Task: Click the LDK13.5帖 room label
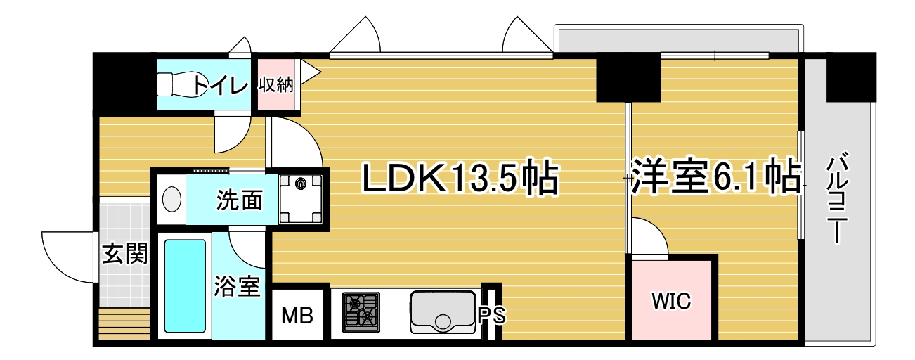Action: tap(460, 178)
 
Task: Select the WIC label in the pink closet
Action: tap(671, 301)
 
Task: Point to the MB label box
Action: tap(297, 315)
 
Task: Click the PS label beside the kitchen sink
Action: tap(492, 316)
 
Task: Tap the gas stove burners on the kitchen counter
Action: tap(361, 312)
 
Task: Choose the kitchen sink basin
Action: tap(443, 312)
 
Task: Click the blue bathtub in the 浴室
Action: tap(185, 286)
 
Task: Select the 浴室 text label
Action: tap(238, 286)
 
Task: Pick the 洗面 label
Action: tap(240, 200)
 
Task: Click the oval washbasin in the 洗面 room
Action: tap(171, 200)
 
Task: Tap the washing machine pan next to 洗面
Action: tap(301, 199)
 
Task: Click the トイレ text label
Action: tap(220, 85)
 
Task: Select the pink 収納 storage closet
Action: tap(277, 84)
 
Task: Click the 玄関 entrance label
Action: tap(124, 254)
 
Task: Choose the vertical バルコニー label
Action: tap(837, 198)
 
